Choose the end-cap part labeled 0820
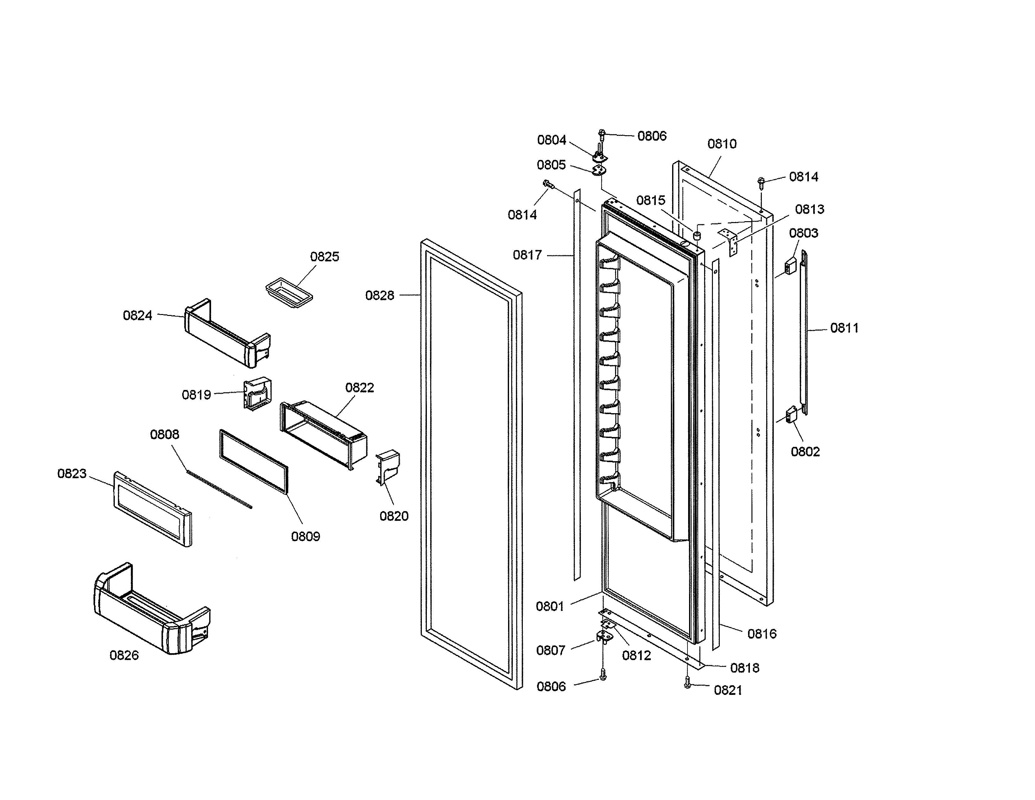click(x=388, y=467)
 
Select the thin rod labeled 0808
click(x=219, y=489)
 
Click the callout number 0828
click(x=379, y=296)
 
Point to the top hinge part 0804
click(x=600, y=154)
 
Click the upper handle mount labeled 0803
click(x=790, y=266)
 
